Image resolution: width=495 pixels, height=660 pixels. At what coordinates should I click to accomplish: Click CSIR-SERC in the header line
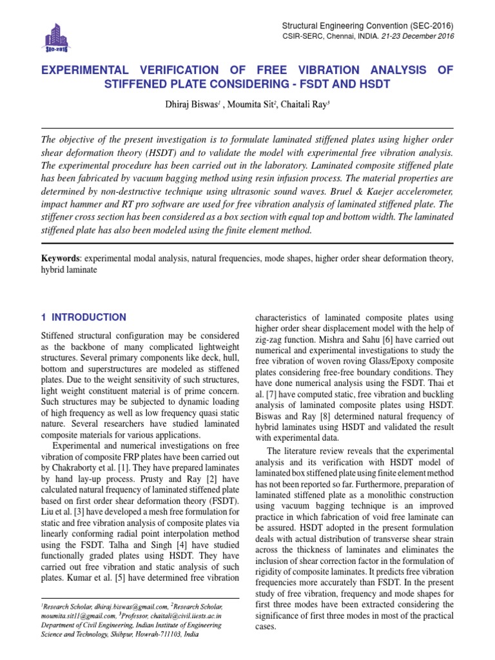coord(303,36)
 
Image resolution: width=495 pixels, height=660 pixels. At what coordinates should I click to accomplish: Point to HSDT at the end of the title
coord(373,84)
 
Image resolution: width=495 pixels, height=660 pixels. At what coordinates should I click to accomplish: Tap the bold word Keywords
coord(60,258)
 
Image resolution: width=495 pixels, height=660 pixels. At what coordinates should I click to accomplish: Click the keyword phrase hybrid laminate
coord(69,270)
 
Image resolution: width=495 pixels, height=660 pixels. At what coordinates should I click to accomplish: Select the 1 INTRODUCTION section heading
coord(84,317)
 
